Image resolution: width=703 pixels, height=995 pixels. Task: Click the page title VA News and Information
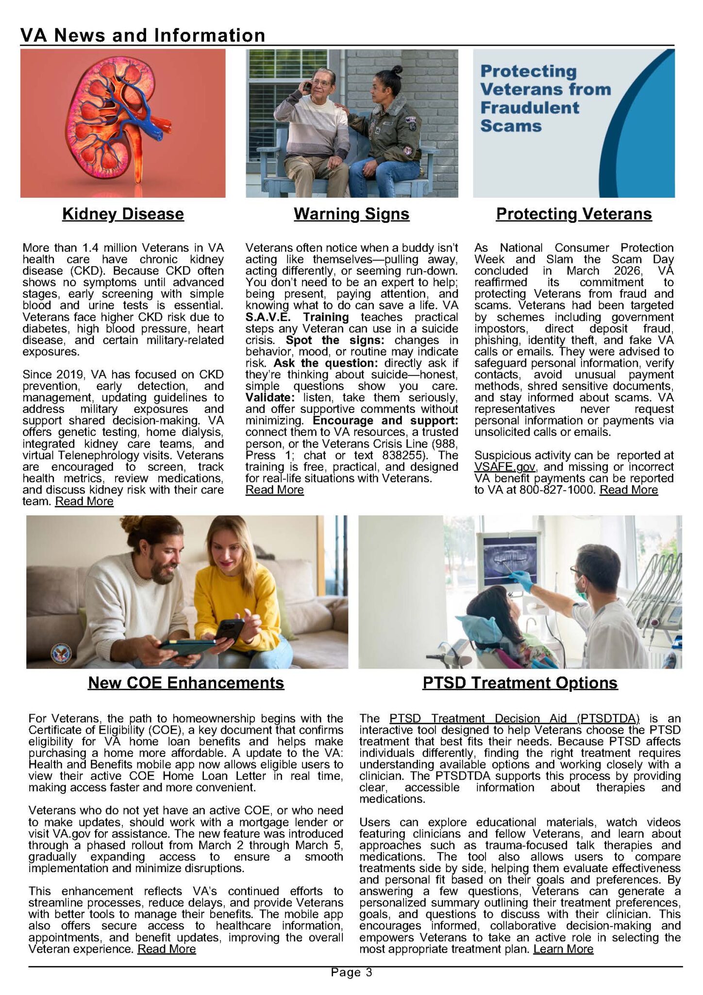tap(143, 35)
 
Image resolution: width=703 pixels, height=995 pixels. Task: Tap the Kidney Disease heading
tap(123, 214)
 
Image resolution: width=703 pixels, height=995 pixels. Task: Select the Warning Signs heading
tap(351, 214)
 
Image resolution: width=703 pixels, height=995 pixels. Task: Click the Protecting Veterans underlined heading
tap(573, 214)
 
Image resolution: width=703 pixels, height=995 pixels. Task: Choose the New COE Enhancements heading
tap(186, 683)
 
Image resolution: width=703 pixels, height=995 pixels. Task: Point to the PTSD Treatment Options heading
tap(520, 683)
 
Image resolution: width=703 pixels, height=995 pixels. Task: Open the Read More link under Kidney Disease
tap(84, 501)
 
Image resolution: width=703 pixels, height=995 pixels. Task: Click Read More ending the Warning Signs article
tap(275, 490)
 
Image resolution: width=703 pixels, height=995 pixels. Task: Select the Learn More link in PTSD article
tap(563, 949)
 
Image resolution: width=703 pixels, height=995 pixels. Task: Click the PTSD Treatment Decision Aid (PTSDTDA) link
tap(514, 719)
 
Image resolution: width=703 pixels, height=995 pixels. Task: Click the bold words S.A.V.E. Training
tap(297, 317)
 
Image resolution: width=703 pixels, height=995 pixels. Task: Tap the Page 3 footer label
tap(351, 972)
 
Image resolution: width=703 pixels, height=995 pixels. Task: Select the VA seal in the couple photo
tap(61, 653)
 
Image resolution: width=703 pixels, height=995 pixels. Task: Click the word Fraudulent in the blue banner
tap(530, 108)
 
